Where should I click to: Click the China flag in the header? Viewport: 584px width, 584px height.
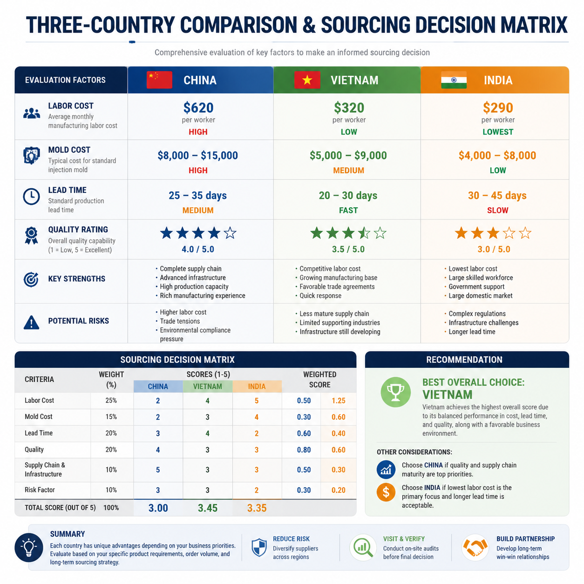pos(159,80)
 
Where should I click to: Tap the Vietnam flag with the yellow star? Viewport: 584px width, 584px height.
pos(307,80)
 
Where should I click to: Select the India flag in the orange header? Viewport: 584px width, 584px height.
pos(454,80)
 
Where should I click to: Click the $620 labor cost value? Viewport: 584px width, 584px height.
pos(198,108)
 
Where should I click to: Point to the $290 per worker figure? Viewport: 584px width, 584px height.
pos(498,108)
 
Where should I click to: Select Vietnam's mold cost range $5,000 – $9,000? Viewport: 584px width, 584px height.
pos(348,155)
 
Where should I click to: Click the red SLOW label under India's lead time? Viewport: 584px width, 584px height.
pos(497,210)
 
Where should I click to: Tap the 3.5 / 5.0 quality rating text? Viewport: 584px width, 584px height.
pos(348,249)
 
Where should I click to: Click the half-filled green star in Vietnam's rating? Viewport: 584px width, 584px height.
pos(364,233)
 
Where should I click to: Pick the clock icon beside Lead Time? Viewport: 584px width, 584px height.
pos(31,197)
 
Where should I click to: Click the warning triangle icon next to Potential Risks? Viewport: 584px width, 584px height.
pos(31,322)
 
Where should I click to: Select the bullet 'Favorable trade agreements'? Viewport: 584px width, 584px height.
pos(337,286)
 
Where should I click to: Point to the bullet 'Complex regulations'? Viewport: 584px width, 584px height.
pos(477,313)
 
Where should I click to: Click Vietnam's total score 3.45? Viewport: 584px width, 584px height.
pos(208,508)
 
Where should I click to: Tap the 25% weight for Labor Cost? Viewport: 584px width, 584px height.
pos(111,400)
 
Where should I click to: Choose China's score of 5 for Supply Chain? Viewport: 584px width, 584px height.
pos(157,469)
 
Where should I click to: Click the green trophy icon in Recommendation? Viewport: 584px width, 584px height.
pos(395,392)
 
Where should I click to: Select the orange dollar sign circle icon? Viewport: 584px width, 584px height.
pos(386,492)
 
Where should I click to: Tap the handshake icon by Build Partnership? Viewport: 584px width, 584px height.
pos(475,547)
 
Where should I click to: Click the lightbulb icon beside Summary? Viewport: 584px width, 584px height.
pos(29,547)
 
